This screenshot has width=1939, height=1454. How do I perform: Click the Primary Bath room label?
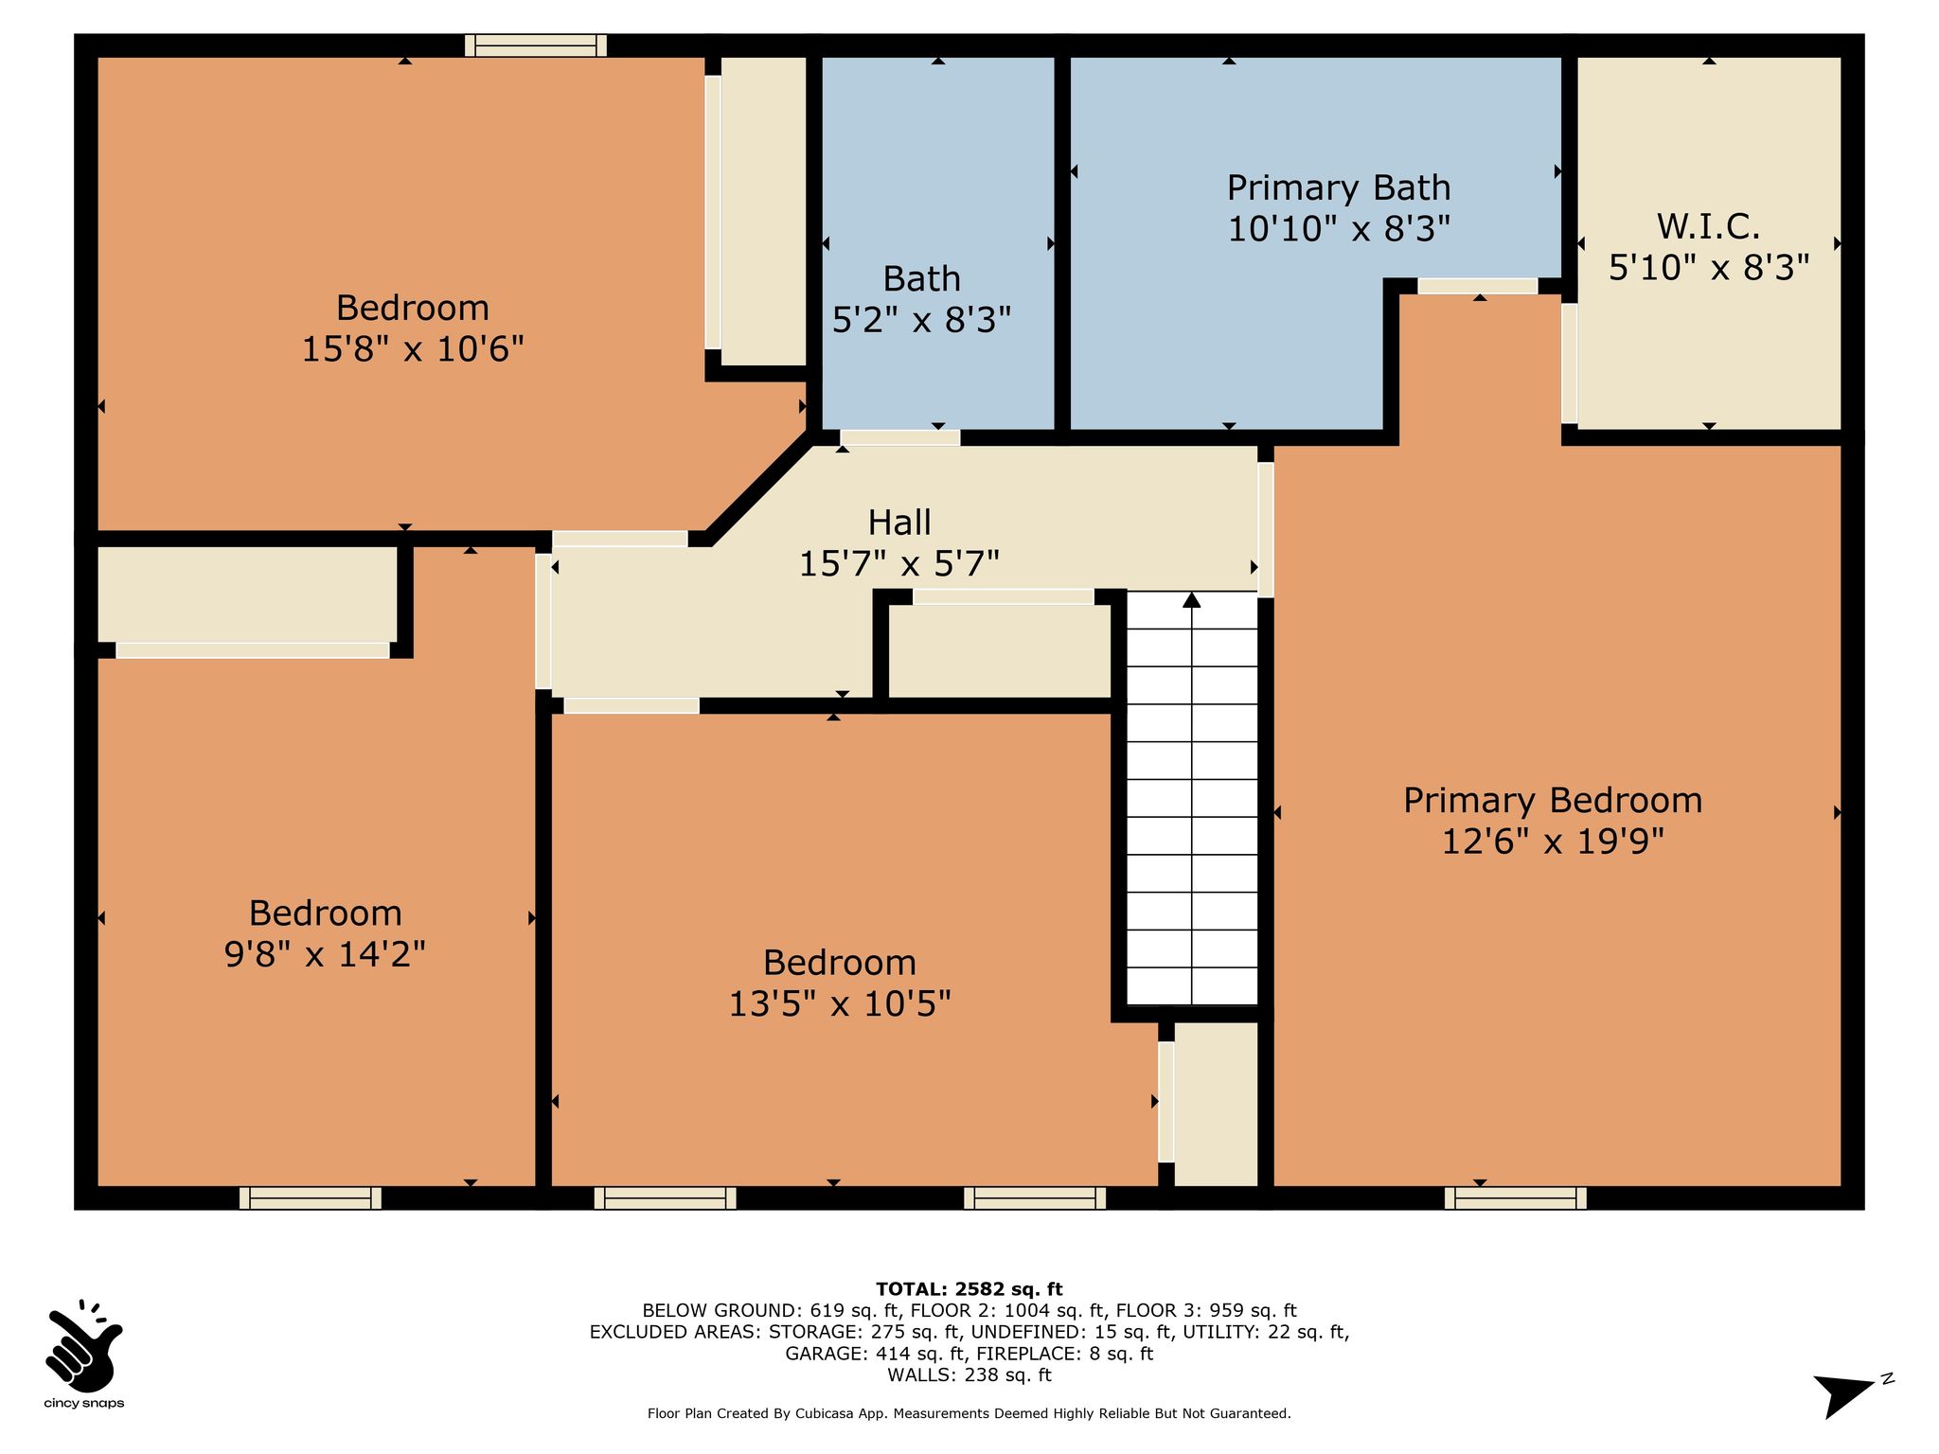click(x=1339, y=188)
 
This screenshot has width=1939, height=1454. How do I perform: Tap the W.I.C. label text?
click(x=1709, y=227)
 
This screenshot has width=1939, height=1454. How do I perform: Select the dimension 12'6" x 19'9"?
click(x=1553, y=841)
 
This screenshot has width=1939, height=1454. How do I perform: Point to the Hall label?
click(x=899, y=523)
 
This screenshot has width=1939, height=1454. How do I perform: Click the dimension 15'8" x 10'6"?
click(x=413, y=349)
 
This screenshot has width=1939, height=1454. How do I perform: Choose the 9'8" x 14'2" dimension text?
click(x=325, y=954)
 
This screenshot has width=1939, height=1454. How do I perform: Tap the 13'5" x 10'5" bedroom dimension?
click(x=840, y=1003)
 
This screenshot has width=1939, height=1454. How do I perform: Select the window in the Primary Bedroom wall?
click(x=1516, y=1198)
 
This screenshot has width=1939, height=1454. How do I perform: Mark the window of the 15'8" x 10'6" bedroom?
click(x=536, y=45)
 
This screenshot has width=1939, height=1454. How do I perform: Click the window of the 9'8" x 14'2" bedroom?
click(x=311, y=1198)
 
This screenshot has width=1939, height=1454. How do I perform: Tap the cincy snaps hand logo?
click(x=83, y=1345)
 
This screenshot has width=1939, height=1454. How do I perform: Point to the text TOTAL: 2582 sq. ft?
click(x=969, y=1289)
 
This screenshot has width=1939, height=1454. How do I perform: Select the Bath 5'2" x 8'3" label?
click(x=922, y=300)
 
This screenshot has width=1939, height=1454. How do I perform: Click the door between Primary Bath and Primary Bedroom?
click(x=1477, y=286)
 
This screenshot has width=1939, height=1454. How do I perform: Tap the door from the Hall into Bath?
click(x=900, y=437)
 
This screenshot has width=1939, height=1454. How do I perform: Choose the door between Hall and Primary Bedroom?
click(x=1266, y=529)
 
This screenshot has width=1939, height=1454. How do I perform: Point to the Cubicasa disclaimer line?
click(x=969, y=1413)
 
